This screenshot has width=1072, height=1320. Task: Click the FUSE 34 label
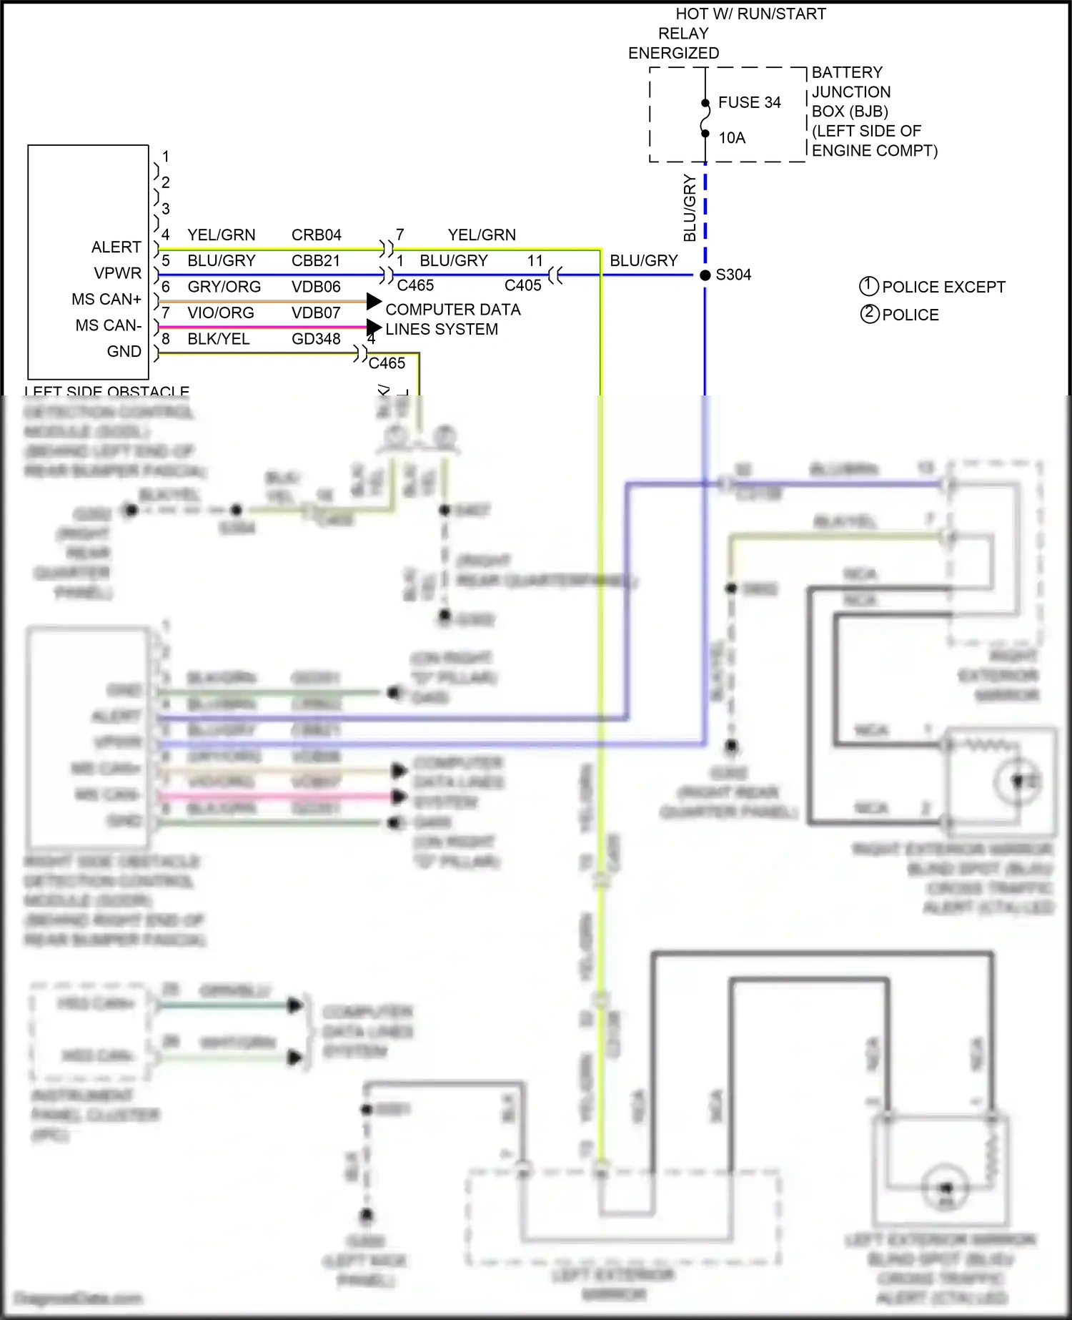(749, 102)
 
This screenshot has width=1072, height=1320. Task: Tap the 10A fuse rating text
(732, 137)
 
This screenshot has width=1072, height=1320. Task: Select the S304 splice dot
(705, 275)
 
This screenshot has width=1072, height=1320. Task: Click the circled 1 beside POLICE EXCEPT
(868, 286)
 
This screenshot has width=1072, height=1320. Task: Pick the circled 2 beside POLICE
(869, 314)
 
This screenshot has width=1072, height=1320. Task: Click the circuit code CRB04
(317, 235)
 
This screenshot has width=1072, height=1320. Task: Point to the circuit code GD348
(316, 339)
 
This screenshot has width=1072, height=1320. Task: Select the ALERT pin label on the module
(116, 247)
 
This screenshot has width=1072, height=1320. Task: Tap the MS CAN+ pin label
(106, 299)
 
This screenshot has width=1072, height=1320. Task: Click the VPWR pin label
(118, 273)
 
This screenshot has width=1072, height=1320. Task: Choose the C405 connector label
(522, 285)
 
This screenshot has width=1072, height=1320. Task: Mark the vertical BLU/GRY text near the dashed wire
(690, 207)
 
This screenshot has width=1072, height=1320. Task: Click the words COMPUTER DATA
(453, 310)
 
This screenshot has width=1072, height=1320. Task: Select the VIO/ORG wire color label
(221, 312)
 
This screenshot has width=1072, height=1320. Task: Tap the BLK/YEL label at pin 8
(219, 339)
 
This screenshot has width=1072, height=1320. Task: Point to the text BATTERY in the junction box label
(847, 72)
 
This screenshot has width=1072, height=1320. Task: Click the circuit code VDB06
(316, 287)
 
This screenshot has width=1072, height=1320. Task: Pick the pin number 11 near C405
(535, 260)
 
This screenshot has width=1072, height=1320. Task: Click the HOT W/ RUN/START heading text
(750, 14)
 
